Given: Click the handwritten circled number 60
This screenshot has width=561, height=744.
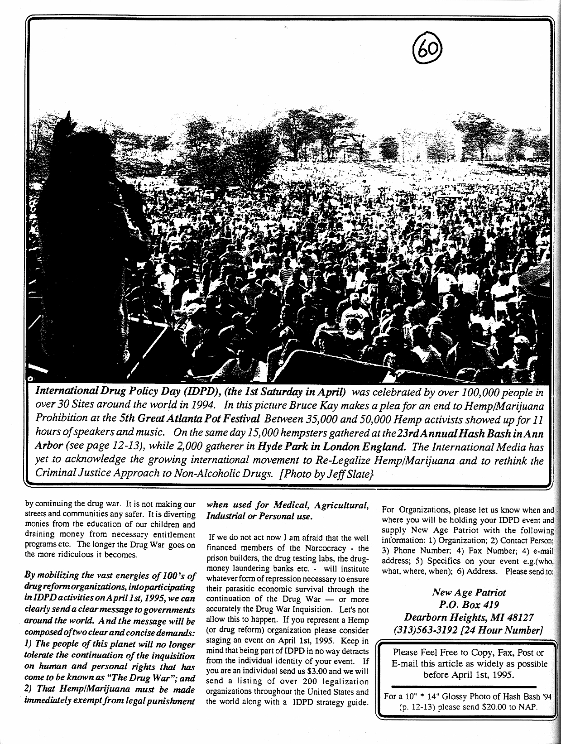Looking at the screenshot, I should (x=428, y=50).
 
